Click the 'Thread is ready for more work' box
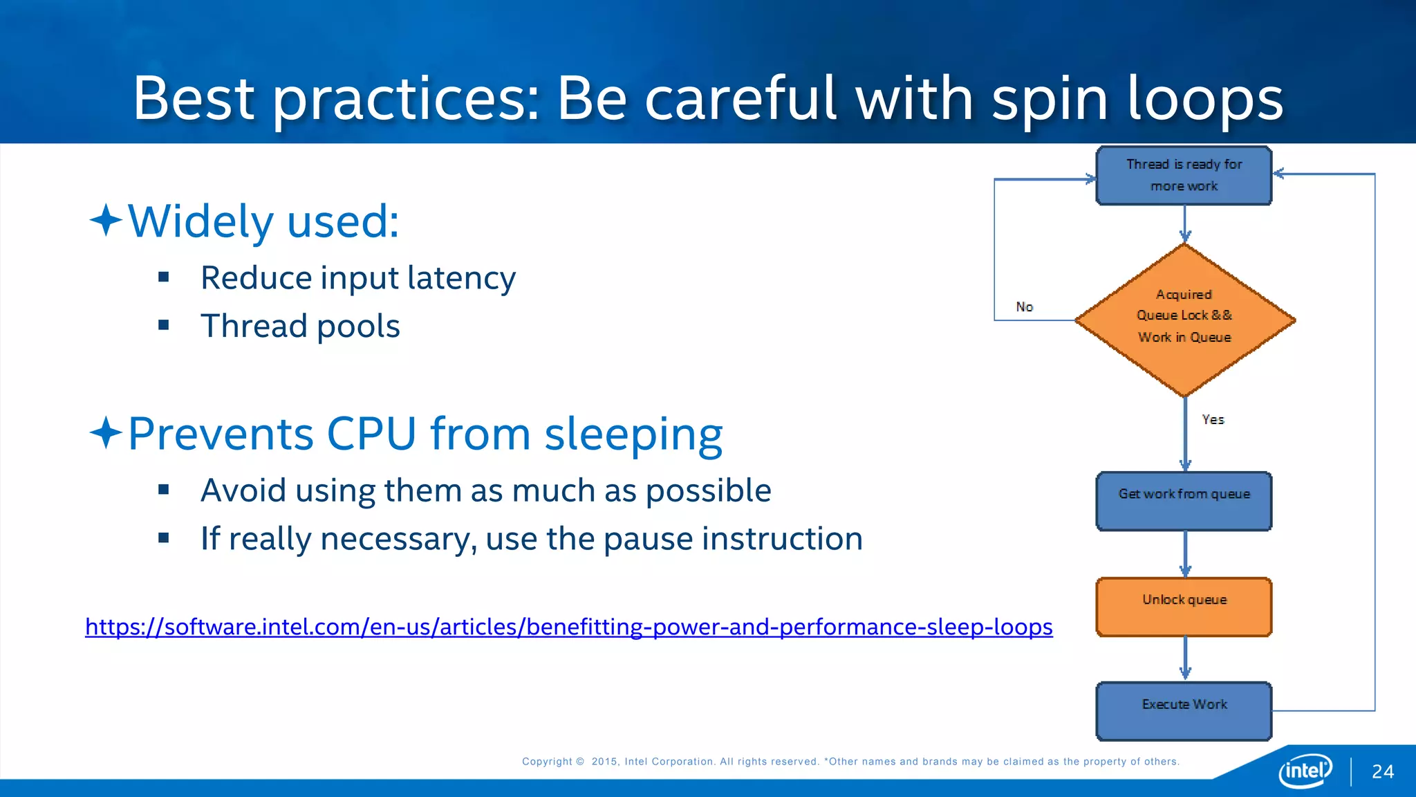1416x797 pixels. (1184, 176)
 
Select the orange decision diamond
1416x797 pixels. (1184, 320)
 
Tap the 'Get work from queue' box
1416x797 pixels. (1184, 502)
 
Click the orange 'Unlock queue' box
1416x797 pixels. (1184, 607)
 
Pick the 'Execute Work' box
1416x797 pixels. (1184, 711)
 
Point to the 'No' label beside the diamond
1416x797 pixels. (1025, 306)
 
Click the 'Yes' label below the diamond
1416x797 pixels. (1213, 419)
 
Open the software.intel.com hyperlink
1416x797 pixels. (568, 627)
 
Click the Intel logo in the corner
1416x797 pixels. (1305, 770)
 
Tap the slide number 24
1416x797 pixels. (1382, 771)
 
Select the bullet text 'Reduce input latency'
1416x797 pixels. (358, 278)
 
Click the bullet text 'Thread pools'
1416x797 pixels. (300, 326)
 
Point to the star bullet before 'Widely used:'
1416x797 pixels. (106, 221)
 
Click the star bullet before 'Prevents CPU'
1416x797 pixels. (106, 433)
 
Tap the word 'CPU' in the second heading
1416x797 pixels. (371, 434)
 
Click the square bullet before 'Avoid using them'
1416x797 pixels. (164, 490)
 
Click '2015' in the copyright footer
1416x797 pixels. (604, 762)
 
